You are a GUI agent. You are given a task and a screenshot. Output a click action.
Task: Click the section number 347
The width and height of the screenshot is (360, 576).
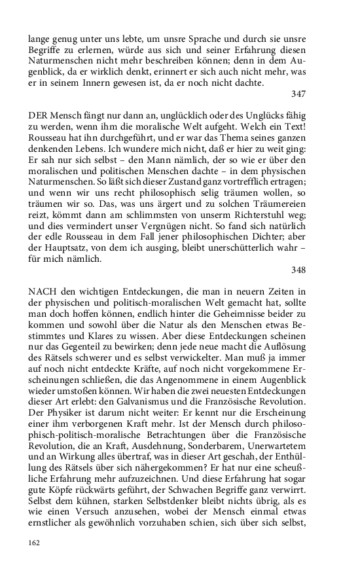298,94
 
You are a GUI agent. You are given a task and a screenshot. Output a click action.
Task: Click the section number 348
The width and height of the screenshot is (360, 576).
298,270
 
